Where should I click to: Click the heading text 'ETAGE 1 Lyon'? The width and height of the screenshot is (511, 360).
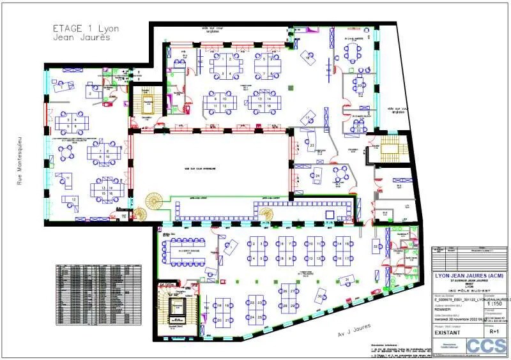(86, 28)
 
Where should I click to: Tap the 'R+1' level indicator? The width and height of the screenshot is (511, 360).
(494, 331)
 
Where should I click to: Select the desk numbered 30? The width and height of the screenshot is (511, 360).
(206, 309)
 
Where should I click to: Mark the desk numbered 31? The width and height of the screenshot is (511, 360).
(347, 280)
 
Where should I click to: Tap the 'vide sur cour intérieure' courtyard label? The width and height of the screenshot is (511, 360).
(200, 169)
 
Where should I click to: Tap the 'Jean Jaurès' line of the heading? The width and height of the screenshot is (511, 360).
(82, 38)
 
